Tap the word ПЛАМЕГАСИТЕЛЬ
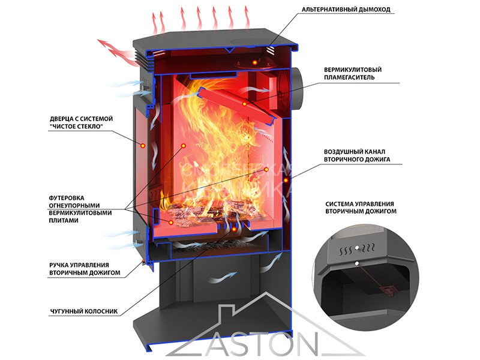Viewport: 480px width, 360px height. click(349, 77)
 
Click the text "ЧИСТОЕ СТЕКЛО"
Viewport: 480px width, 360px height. click(80, 127)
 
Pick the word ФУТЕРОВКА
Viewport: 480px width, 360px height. click(67, 197)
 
